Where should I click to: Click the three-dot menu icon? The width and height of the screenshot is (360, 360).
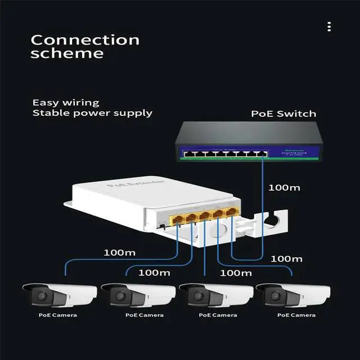point(329,26)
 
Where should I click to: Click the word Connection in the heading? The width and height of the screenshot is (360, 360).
point(85,40)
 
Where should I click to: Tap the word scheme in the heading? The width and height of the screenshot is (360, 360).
point(67,54)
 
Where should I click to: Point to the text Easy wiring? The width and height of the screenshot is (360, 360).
point(65,102)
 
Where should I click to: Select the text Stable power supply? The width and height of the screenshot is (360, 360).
point(92,112)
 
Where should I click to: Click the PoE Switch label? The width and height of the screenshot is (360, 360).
point(283,114)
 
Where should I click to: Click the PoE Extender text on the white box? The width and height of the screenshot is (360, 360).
point(136,186)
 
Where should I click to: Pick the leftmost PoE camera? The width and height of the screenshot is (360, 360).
point(57,295)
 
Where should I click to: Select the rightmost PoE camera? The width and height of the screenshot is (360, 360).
point(292,295)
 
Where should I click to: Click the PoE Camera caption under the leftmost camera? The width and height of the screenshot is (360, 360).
point(58,315)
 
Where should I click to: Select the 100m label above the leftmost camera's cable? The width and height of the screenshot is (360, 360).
point(120,252)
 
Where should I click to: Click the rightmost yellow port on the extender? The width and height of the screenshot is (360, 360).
point(232,212)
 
